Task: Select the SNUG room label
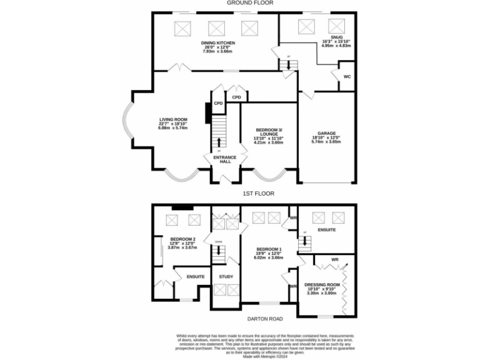327,37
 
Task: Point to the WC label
347,77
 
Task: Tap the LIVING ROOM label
173,119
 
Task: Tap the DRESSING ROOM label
322,284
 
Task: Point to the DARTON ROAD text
265,319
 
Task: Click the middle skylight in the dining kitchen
216,28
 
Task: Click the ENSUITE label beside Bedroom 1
326,229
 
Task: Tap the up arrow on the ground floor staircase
218,142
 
